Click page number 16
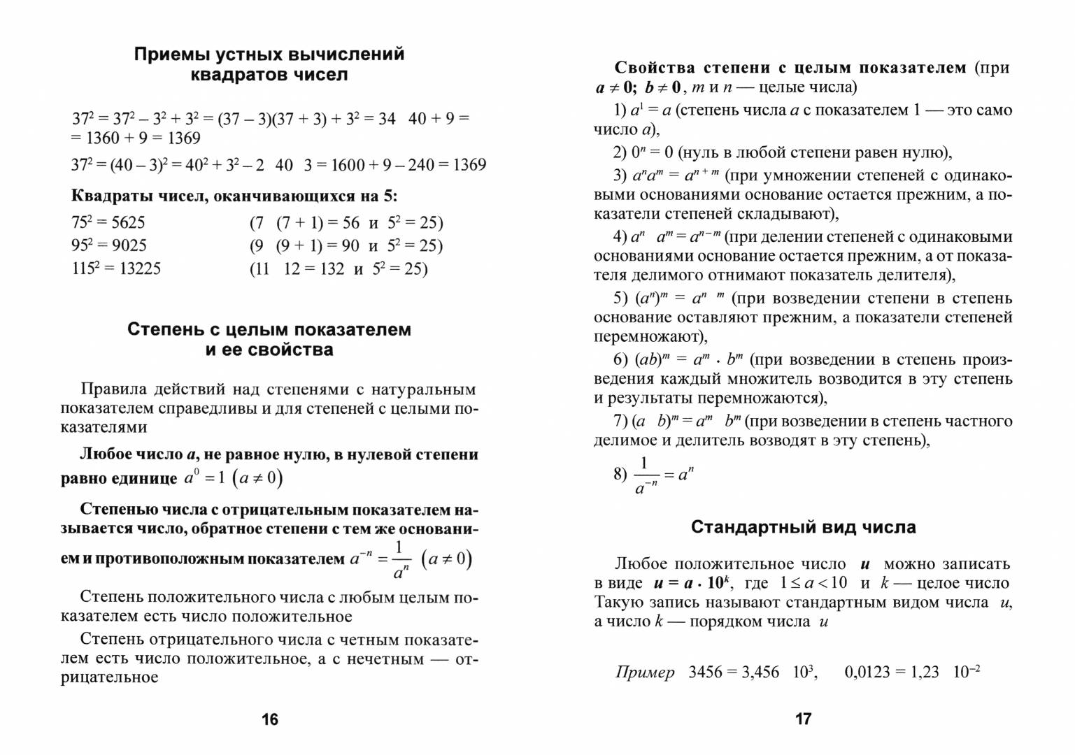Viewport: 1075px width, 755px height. (x=269, y=719)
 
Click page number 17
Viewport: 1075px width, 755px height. (x=803, y=719)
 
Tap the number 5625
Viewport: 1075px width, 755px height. (x=128, y=223)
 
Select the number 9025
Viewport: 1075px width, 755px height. (x=128, y=245)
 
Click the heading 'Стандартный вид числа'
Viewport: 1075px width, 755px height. (x=803, y=527)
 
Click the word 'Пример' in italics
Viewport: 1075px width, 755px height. (x=645, y=673)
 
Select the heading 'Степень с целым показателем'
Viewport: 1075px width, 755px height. (x=269, y=329)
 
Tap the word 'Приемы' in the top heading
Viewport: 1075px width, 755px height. (x=166, y=55)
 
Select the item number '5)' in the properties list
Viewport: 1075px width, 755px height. (x=620, y=299)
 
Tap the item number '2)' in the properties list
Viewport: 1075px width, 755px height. (x=620, y=152)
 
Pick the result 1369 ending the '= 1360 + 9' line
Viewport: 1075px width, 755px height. (x=184, y=138)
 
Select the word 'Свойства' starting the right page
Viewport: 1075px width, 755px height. (x=653, y=68)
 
